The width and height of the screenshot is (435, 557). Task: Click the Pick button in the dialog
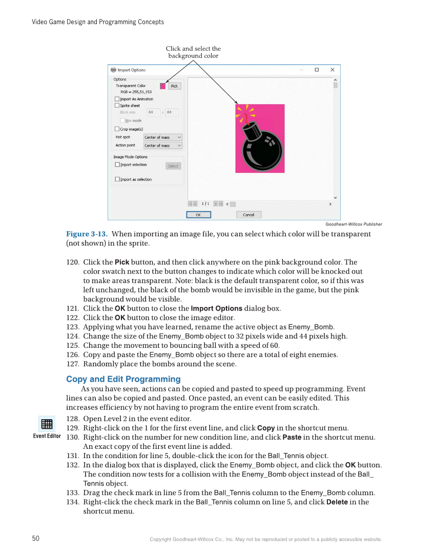click(x=174, y=86)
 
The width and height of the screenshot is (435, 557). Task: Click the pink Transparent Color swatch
click(x=163, y=86)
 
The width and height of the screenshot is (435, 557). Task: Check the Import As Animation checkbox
click(x=117, y=99)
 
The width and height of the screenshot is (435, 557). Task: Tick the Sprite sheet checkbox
click(x=117, y=106)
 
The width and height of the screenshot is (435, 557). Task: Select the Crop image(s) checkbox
click(x=117, y=129)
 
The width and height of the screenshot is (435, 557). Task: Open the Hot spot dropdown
click(x=162, y=137)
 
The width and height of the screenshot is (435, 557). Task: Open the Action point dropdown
click(x=162, y=146)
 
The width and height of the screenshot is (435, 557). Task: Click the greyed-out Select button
click(x=173, y=166)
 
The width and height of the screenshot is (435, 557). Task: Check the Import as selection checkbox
click(x=117, y=179)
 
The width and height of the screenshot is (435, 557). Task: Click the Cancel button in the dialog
click(x=248, y=215)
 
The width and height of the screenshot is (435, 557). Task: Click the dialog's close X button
click(x=332, y=70)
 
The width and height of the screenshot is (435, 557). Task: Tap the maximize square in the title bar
click(x=317, y=70)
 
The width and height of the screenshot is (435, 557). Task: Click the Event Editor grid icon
click(x=47, y=424)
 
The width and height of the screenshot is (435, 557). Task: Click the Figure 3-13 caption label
click(x=87, y=234)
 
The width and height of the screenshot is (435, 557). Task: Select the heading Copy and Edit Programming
click(x=123, y=379)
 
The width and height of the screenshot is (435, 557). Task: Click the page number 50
click(x=36, y=539)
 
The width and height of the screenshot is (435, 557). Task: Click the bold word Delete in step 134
click(x=337, y=502)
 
